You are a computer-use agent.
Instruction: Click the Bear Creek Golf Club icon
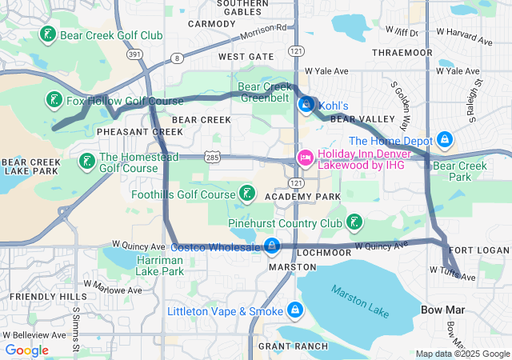(48, 35)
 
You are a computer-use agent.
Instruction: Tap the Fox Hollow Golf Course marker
(54, 101)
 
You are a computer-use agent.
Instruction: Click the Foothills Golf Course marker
(247, 194)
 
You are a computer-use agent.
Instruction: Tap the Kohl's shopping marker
(306, 105)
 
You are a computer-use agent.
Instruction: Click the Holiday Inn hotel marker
(306, 158)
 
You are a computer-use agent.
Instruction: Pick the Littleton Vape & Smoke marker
(295, 310)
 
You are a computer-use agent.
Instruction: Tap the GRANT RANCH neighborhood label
(292, 346)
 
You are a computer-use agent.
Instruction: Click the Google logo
(26, 350)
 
